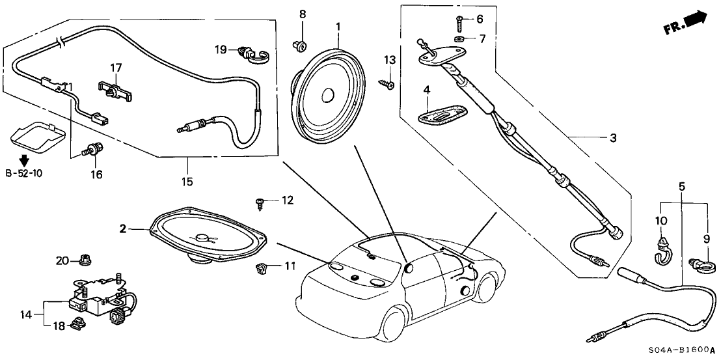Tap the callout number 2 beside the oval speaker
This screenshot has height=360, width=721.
(x=122, y=228)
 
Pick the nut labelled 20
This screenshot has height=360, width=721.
(x=83, y=262)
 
